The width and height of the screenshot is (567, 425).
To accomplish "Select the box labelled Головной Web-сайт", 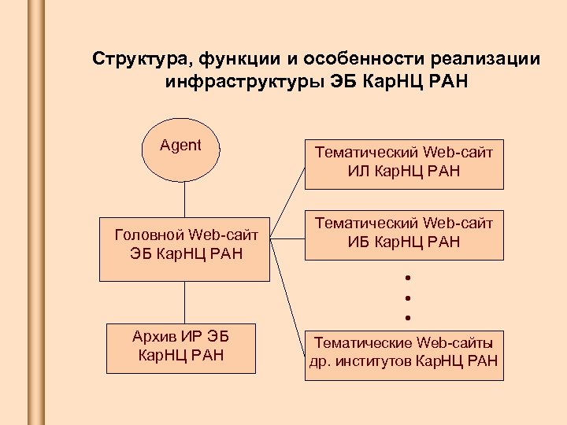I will (186, 247).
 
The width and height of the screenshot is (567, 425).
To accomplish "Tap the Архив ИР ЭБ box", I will (181, 346).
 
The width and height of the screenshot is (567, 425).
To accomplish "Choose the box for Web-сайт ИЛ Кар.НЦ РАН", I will (404, 161).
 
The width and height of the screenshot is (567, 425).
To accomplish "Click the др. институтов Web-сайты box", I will (404, 353).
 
